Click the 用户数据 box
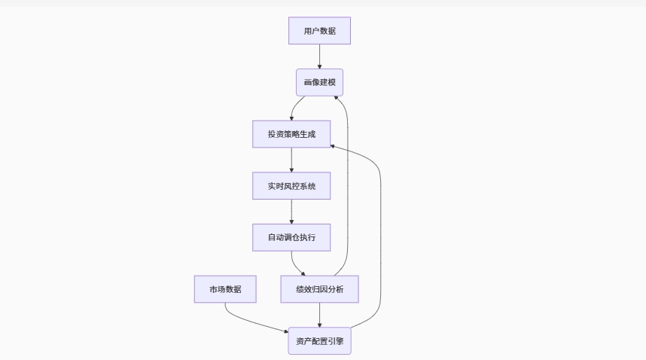pos(319,31)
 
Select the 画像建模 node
pos(319,82)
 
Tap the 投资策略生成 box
pos(291,134)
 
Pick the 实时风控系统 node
pos(291,185)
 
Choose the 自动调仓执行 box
pos(291,237)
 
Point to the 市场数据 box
pos(225,289)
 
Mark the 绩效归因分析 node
pos(319,289)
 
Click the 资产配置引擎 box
pos(319,341)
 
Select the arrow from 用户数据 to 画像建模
pos(319,56)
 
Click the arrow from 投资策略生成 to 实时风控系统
pos(291,160)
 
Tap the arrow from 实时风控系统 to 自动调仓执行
pos(291,212)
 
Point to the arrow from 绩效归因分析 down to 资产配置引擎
pos(319,315)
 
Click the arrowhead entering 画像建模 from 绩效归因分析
pos(336,98)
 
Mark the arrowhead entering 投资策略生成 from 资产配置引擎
pos(333,146)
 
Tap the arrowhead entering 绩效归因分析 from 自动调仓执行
pos(303,273)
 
